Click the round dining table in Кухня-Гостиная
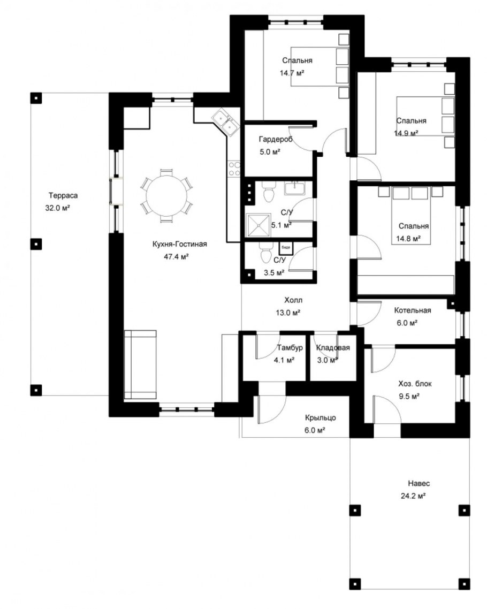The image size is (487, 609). pyautogui.click(x=166, y=196)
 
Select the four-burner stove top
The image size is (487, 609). pyautogui.click(x=234, y=169)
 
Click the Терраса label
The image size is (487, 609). pyautogui.click(x=63, y=195)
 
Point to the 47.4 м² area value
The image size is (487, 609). pyautogui.click(x=176, y=257)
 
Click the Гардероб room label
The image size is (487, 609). pyautogui.click(x=276, y=139)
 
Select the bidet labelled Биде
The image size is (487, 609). pyautogui.click(x=285, y=248)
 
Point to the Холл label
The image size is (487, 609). pyautogui.click(x=293, y=300)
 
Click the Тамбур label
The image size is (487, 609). pyautogui.click(x=290, y=348)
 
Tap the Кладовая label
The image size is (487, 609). pyautogui.click(x=333, y=348)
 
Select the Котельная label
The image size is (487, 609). pyautogui.click(x=413, y=310)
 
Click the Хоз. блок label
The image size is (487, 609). pyautogui.click(x=415, y=384)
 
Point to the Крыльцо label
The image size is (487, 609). pyautogui.click(x=321, y=418)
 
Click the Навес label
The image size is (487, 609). pyautogui.click(x=418, y=484)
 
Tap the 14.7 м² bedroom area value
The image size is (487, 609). pyautogui.click(x=292, y=73)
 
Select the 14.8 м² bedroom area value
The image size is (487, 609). pyautogui.click(x=408, y=239)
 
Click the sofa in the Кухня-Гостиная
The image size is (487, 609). pyautogui.click(x=140, y=364)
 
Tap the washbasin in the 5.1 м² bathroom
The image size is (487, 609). pyautogui.click(x=295, y=188)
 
